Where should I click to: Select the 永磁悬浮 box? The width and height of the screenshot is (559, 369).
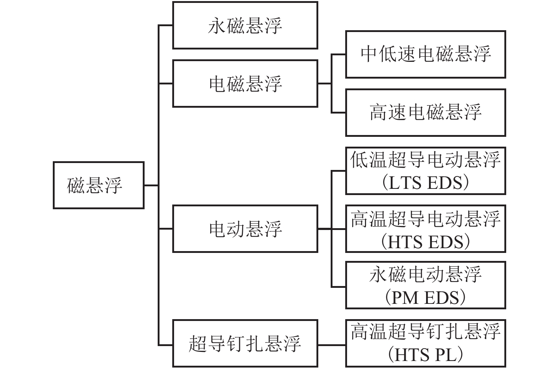point(245,25)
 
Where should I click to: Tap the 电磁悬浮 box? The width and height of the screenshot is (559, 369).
point(245,84)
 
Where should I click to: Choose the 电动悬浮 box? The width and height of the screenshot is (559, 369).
point(245,229)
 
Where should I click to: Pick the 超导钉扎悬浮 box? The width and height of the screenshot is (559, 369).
point(245,344)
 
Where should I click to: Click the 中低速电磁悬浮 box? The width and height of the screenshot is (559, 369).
point(425,55)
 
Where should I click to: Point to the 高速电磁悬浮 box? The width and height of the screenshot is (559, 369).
point(425,113)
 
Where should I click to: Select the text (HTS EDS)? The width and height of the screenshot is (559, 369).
point(425,242)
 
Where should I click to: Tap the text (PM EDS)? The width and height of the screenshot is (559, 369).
point(425,298)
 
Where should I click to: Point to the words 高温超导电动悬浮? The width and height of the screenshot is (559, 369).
point(425,219)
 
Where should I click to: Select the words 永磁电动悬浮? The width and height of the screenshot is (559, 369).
point(425,275)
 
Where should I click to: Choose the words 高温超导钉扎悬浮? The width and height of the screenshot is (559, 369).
point(425,332)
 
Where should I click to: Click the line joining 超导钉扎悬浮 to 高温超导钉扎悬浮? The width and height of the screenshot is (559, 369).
point(331,344)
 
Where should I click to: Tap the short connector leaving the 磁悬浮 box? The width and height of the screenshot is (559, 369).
point(151,185)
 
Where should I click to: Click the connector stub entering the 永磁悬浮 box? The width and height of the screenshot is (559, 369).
point(166,25)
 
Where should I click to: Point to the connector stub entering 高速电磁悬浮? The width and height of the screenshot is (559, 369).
point(339,113)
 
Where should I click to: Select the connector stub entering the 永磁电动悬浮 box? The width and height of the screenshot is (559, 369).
point(339,287)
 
